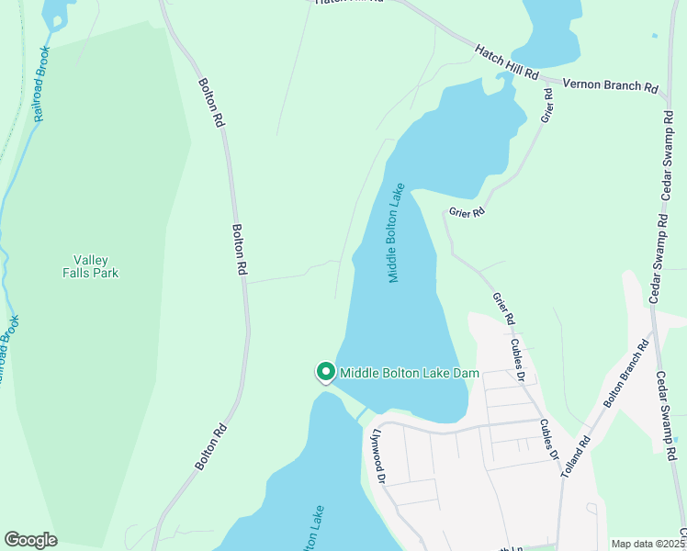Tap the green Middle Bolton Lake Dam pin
(x=325, y=372)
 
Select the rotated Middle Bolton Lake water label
(x=396, y=233)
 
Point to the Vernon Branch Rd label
(x=610, y=85)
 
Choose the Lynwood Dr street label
(x=378, y=455)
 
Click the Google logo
(x=30, y=540)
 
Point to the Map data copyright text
(x=648, y=544)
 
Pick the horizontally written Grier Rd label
(x=467, y=212)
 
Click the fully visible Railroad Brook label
(x=41, y=85)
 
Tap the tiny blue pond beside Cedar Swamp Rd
(x=654, y=37)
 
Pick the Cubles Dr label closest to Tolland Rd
(x=549, y=439)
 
